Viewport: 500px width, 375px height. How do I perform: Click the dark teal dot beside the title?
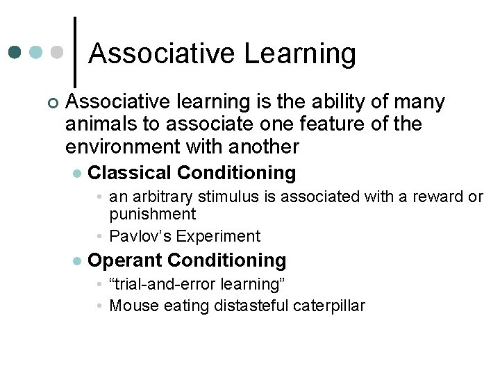tap(15, 52)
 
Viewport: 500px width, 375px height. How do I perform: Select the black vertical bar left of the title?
tap(74, 47)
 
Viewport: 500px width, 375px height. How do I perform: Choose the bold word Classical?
tap(130, 172)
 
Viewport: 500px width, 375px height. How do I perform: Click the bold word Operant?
tap(126, 260)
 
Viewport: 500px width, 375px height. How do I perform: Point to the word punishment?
tap(153, 214)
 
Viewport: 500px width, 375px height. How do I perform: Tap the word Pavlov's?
tap(141, 236)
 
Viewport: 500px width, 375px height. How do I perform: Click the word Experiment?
tap(218, 236)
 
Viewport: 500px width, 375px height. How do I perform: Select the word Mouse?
tap(135, 306)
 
